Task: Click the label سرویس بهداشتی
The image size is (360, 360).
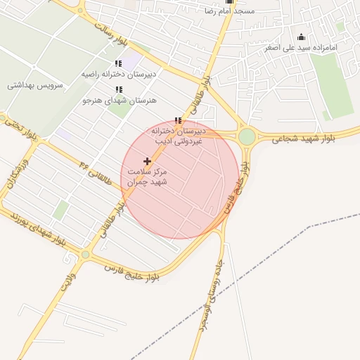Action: click(x=35, y=85)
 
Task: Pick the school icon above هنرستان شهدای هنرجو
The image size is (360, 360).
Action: click(x=118, y=89)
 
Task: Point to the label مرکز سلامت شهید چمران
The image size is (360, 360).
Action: click(x=147, y=176)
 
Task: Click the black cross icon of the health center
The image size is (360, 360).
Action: click(x=147, y=162)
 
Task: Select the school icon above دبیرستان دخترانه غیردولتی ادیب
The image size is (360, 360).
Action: click(x=177, y=120)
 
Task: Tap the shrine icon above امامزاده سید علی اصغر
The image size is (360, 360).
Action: click(x=302, y=37)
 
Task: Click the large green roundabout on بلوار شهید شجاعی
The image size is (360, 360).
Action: click(x=247, y=136)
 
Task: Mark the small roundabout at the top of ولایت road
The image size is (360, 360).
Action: click(x=85, y=255)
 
